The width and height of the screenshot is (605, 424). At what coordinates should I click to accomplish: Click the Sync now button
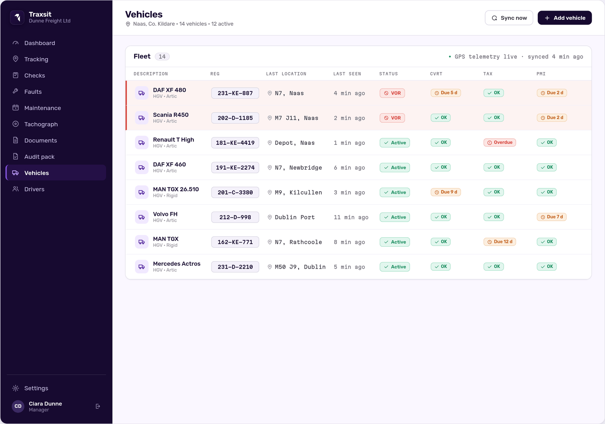tap(509, 18)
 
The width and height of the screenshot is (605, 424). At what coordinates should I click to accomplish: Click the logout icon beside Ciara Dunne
tap(98, 406)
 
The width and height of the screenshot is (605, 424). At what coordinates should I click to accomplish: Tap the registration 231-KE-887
tap(235, 93)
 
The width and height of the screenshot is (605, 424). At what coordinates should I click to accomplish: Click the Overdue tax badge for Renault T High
tap(500, 142)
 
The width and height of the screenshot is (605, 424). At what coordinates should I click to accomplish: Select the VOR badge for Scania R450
tap(392, 118)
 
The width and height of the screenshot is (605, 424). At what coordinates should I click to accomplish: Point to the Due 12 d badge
tap(500, 242)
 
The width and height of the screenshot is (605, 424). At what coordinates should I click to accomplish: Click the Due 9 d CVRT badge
tap(446, 192)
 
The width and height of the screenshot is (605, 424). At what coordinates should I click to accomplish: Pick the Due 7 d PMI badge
tap(552, 217)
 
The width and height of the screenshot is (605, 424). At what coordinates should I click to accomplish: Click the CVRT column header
tap(436, 74)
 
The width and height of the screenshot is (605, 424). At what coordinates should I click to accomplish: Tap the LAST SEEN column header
tap(347, 74)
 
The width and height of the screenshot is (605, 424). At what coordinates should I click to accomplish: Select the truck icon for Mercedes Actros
tap(141, 267)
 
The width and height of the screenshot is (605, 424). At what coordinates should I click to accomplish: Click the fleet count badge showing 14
tap(162, 56)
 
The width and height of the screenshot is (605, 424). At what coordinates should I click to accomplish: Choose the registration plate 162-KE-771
tap(235, 242)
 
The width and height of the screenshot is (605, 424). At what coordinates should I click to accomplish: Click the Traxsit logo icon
tap(17, 17)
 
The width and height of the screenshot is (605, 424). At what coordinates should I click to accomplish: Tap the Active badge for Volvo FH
tap(395, 217)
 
